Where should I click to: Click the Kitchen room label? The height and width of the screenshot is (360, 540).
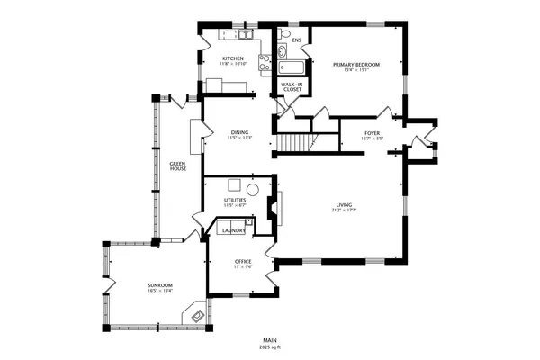coord(233,58)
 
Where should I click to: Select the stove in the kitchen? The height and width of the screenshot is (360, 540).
coord(265,63)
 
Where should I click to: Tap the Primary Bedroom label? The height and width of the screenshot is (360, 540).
coord(355,65)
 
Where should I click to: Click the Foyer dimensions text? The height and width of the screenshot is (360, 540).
coord(372,139)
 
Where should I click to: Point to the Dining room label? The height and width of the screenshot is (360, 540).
coord(238,132)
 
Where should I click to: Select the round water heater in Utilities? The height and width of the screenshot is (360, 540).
coord(254,190)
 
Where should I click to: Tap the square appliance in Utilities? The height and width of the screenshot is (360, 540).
coord(234,185)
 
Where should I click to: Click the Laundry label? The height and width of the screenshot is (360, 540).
coord(233,230)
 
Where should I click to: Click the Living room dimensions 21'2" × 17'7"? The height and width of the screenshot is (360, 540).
coord(345,210)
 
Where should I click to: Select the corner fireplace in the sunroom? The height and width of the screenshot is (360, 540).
coord(194,314)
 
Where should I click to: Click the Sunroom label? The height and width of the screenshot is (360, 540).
coord(160,285)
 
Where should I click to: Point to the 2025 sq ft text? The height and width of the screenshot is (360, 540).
coord(270,346)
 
